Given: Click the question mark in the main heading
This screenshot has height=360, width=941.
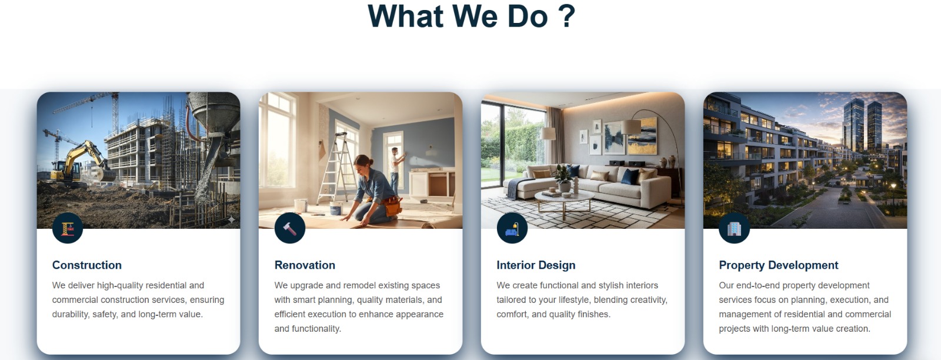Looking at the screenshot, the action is (x=567, y=16).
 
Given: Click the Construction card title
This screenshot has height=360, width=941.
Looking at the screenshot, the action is (x=87, y=265).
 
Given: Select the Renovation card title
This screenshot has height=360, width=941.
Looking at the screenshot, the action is (x=305, y=265).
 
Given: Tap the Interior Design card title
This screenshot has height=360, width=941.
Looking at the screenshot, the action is (x=536, y=265).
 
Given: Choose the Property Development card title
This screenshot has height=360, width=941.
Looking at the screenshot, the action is (x=779, y=265).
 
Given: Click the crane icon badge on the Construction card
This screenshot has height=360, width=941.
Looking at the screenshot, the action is (x=68, y=228).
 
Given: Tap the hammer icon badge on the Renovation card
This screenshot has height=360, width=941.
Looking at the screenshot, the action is (x=290, y=228).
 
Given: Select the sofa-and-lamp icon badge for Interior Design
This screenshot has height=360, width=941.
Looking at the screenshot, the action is (x=512, y=228).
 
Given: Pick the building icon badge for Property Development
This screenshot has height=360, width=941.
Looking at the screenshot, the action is (x=735, y=228).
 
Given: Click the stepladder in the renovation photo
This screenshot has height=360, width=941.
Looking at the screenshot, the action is (x=336, y=168).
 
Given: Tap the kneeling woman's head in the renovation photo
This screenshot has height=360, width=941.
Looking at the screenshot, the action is (x=364, y=164).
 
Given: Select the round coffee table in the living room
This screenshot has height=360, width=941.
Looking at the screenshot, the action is (x=564, y=200).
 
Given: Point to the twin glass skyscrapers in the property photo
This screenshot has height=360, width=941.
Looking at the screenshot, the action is (x=862, y=125).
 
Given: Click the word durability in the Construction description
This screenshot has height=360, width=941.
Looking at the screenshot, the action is (x=69, y=314).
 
